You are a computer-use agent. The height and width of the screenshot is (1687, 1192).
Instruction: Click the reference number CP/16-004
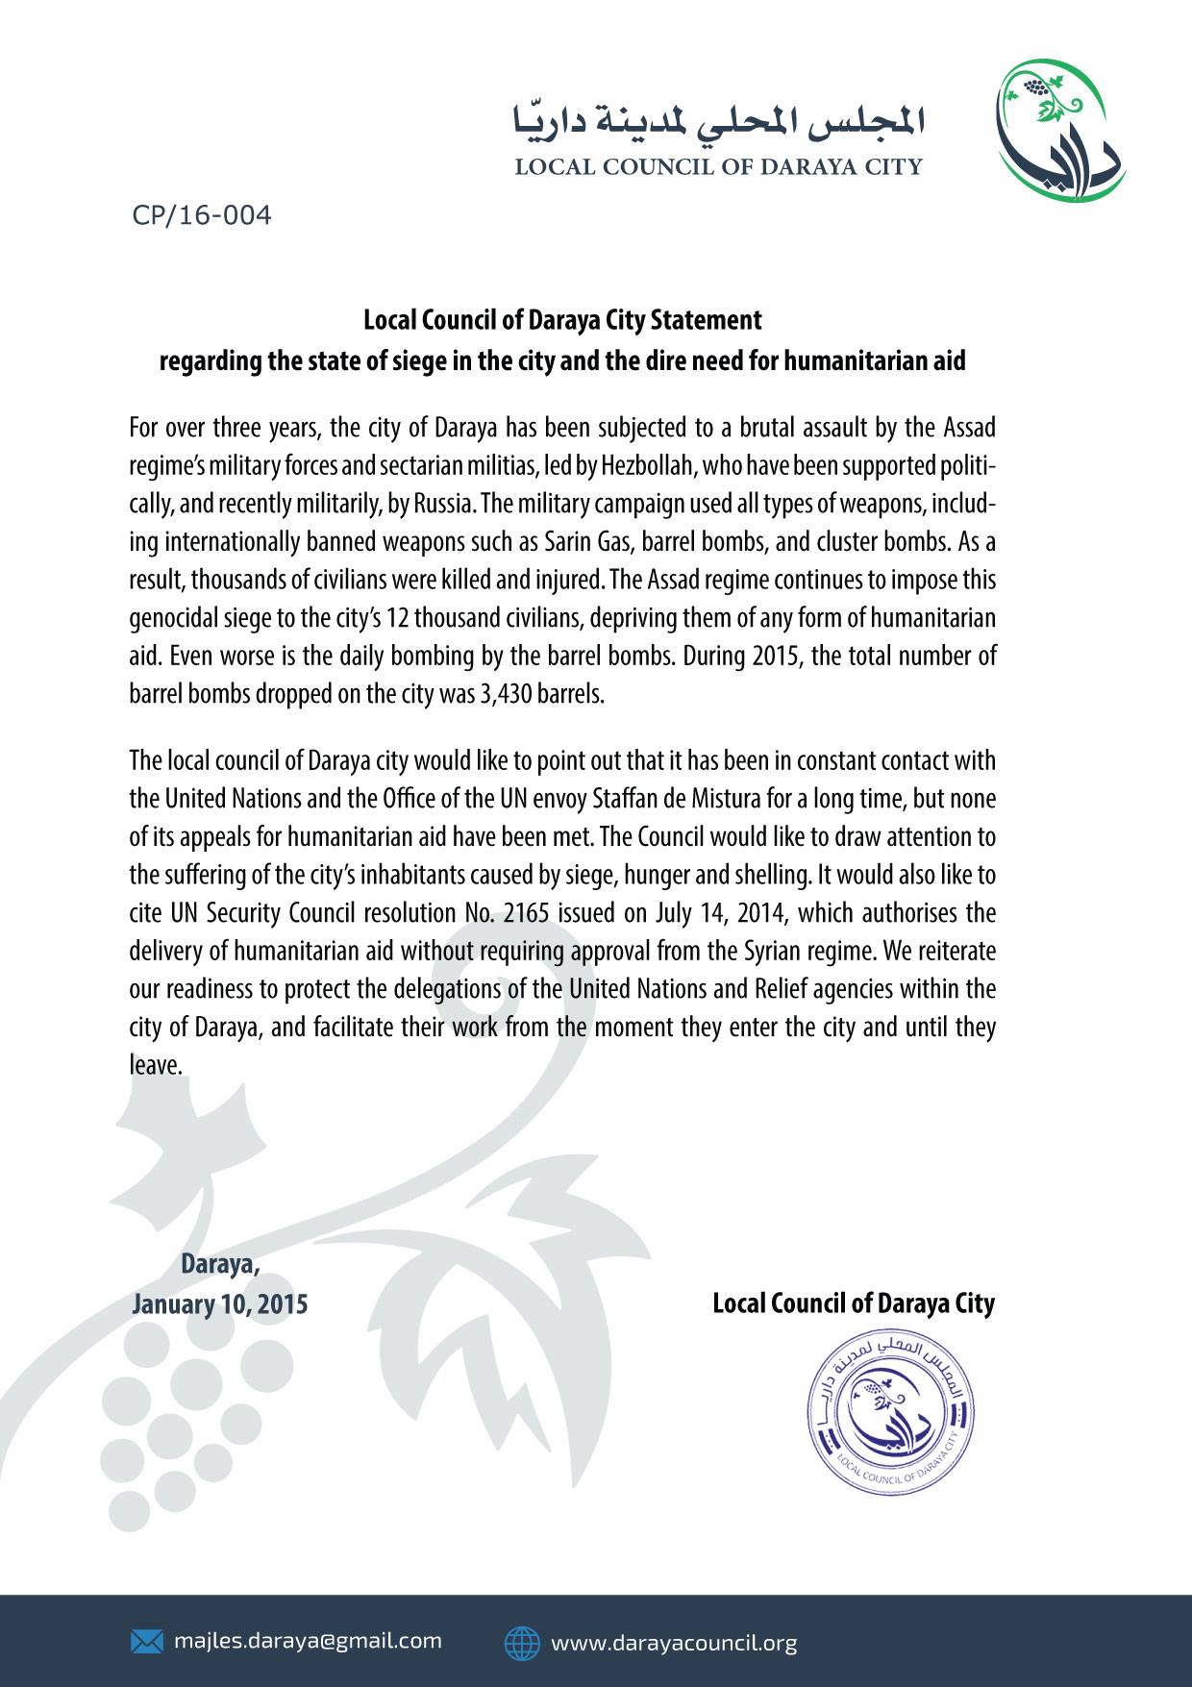point(202,214)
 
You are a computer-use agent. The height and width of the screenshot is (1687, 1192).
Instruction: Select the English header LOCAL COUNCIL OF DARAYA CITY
point(718,167)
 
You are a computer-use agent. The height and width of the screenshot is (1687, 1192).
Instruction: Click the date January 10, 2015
point(220,1304)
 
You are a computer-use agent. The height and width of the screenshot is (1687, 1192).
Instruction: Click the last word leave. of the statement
point(156,1065)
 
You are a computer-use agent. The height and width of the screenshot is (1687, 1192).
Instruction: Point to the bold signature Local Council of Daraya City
point(853,1303)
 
